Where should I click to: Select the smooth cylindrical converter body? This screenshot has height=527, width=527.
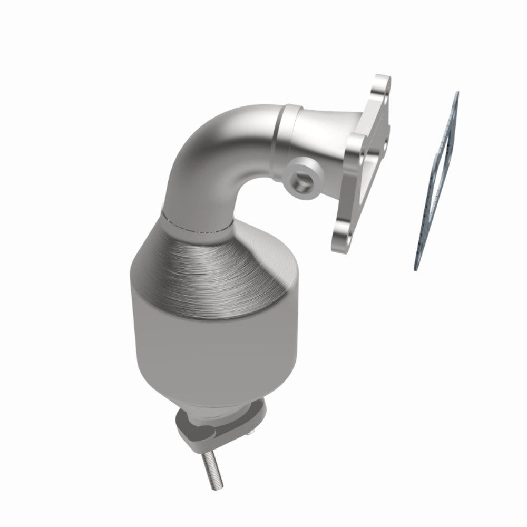(211, 348)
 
